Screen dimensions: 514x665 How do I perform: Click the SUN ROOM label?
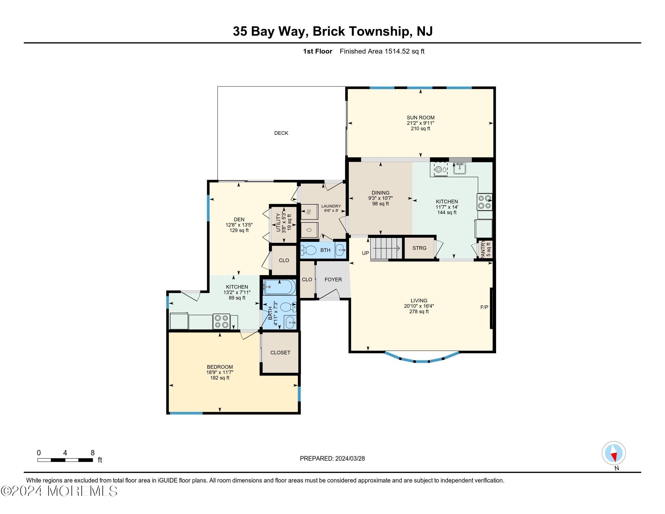coord(420,118)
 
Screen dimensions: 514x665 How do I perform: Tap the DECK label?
coord(281,133)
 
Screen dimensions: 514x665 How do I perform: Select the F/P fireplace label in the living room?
coord(484,307)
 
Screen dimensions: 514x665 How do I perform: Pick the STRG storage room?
coord(419,248)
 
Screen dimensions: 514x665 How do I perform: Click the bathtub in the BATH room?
coord(279,287)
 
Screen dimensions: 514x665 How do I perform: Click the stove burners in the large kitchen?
coord(485,202)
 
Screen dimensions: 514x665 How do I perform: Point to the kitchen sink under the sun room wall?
coord(459,168)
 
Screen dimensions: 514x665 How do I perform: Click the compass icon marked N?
coord(614,453)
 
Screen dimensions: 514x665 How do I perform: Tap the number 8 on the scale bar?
coord(92,453)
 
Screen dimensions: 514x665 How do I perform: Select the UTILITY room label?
coord(278,223)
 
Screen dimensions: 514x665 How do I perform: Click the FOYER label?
coord(333,280)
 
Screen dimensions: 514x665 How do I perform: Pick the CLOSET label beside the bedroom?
coord(280,353)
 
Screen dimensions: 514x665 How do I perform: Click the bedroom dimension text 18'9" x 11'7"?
coord(220,372)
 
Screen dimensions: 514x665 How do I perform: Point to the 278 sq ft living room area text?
coord(419,311)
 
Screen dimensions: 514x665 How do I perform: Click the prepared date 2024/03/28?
coord(349,459)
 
